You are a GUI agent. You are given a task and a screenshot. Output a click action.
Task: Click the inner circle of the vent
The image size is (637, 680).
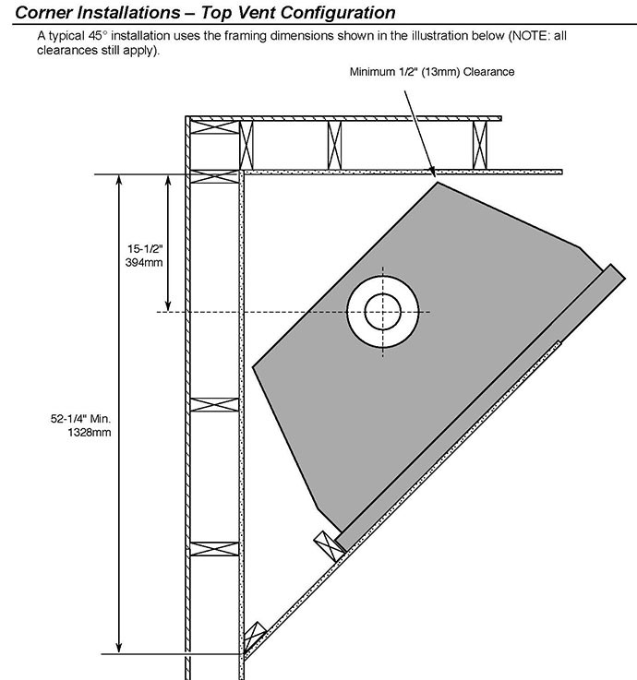tap(383, 311)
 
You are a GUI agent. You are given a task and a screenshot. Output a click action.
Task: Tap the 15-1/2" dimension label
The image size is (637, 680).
tap(145, 249)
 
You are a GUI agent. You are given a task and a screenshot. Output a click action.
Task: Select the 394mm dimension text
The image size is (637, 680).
tap(144, 262)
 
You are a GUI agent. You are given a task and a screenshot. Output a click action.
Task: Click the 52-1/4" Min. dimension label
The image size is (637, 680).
tap(80, 419)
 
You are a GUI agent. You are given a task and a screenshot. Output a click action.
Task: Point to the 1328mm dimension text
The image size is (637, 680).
tap(90, 433)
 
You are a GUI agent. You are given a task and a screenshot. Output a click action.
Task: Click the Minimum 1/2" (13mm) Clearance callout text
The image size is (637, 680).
tap(432, 72)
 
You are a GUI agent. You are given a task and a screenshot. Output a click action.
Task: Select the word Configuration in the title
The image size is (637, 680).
tap(338, 13)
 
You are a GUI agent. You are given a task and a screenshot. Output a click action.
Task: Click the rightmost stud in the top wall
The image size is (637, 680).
tap(479, 145)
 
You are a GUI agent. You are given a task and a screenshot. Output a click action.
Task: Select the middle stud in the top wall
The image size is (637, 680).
tap(334, 145)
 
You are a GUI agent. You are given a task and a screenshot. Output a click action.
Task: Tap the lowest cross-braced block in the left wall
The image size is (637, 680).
tap(215, 549)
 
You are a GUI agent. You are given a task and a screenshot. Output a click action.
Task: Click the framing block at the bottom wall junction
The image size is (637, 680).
tap(254, 636)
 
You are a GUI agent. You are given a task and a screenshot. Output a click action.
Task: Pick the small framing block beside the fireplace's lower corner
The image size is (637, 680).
tap(330, 545)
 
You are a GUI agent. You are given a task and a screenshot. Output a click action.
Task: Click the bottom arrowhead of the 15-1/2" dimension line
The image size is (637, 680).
tap(168, 305)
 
